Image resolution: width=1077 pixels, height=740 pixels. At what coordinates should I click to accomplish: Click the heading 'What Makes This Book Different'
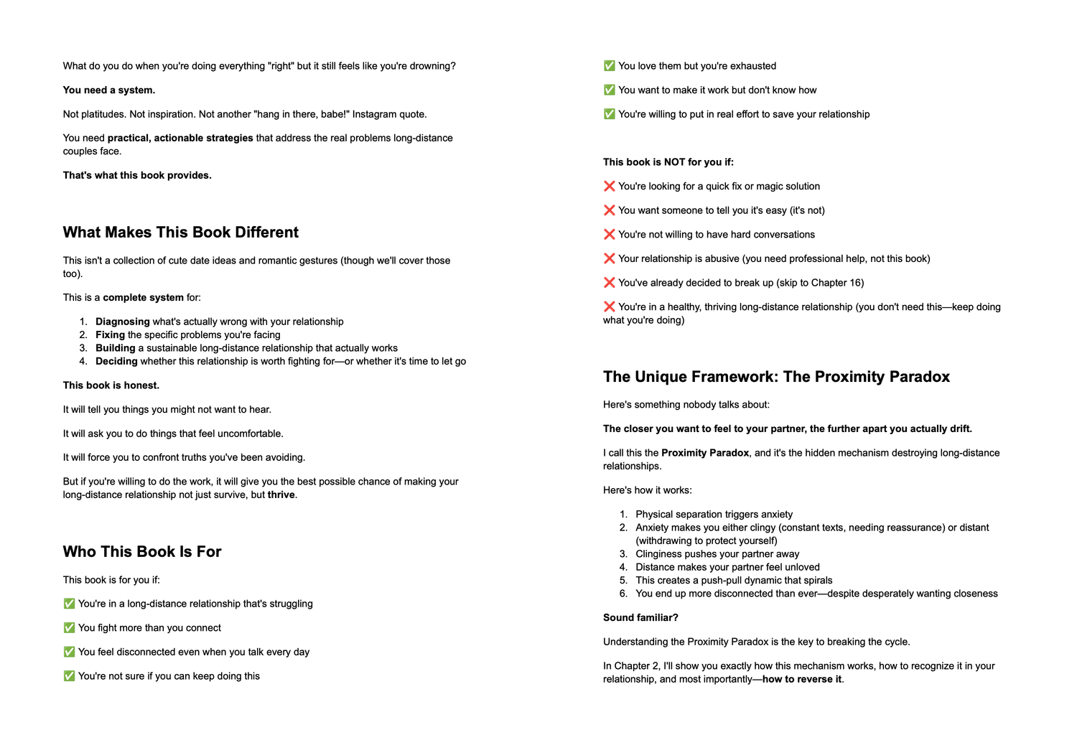coord(180,233)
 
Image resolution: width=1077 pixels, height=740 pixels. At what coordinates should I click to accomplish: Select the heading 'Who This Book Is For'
coord(142,552)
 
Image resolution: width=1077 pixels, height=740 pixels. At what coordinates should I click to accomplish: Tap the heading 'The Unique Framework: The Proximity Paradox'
coord(776,377)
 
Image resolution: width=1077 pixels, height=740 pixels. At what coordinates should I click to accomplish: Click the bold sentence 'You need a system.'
coord(109,90)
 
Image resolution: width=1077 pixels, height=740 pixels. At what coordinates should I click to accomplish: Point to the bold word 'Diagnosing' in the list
coord(123,322)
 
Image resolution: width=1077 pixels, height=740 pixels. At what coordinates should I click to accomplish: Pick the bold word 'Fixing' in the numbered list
coord(110,334)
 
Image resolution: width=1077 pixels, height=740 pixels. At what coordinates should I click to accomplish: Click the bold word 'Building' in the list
coord(116,348)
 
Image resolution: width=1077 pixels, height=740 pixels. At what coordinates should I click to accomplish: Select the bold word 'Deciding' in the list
coord(116,361)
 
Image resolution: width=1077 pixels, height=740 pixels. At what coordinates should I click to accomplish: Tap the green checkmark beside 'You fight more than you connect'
coord(69,628)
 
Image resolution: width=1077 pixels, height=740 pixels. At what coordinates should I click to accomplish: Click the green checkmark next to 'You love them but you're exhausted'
coord(610,66)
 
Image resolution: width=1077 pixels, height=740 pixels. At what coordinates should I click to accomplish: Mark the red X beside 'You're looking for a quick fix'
coord(610,187)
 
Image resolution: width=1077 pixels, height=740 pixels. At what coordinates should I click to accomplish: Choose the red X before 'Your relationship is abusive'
coord(610,258)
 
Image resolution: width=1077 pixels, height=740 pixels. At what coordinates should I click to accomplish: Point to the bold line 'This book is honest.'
coord(111,385)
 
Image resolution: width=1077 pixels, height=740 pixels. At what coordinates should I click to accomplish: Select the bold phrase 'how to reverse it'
coord(801,680)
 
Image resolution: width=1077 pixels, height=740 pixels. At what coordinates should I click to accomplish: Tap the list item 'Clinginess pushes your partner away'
coord(717,554)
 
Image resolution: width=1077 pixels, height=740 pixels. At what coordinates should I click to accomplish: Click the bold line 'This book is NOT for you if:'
coord(668,162)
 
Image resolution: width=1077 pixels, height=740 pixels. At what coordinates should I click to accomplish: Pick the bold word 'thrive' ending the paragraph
coord(281,495)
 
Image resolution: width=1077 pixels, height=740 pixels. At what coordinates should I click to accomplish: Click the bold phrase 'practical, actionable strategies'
coord(180,139)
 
